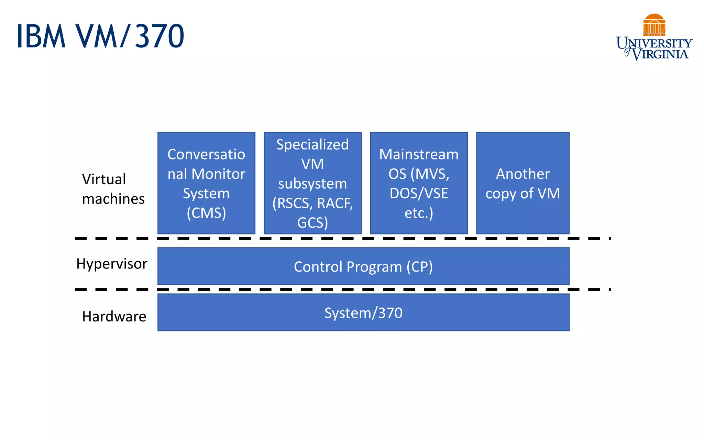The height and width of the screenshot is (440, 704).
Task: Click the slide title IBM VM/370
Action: coord(100,36)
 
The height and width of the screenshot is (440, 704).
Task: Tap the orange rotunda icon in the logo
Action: coord(654,25)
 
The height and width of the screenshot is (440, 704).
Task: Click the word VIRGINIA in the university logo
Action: coord(660,54)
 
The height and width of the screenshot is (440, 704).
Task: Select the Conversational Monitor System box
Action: coord(206,183)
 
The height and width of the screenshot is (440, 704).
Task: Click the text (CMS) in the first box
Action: coord(206,213)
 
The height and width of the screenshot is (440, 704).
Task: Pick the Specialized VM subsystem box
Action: coord(312,183)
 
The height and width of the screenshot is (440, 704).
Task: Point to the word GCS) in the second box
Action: coord(312,223)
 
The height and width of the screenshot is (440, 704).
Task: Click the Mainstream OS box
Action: coord(419,183)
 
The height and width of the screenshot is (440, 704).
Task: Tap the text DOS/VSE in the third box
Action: coord(419,194)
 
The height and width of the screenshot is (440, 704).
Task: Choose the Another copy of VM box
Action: coord(522,183)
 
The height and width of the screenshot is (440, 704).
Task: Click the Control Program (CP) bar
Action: coord(363,266)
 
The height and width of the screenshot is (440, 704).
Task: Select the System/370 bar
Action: coord(363,313)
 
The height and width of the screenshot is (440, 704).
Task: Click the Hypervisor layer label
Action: coord(112,264)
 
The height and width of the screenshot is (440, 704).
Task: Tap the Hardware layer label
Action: coord(114,317)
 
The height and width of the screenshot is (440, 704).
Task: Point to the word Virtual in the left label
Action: coord(104,179)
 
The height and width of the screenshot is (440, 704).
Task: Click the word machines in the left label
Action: coord(113,199)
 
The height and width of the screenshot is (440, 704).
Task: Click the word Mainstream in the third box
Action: coord(419,154)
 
